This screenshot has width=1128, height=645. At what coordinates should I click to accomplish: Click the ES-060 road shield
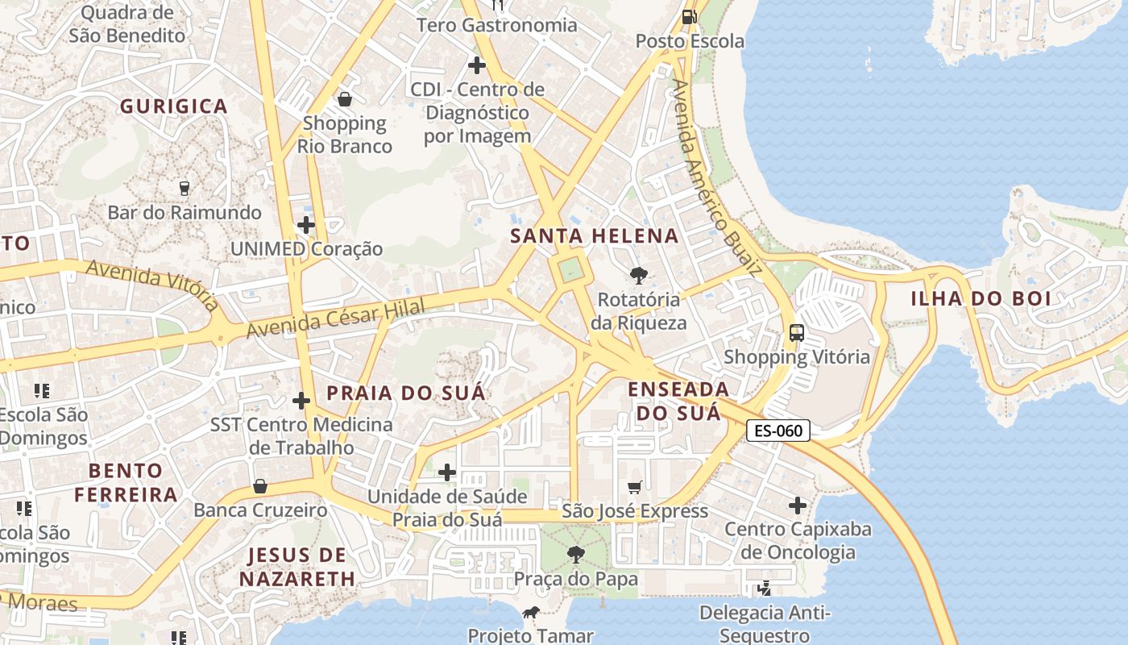(778, 431)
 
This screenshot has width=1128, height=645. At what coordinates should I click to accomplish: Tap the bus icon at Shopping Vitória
(797, 332)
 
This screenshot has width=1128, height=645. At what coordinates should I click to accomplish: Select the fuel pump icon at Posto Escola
(690, 16)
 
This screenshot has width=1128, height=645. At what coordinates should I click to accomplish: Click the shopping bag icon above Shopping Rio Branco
(345, 99)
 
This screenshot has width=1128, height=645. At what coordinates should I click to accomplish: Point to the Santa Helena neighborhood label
(595, 236)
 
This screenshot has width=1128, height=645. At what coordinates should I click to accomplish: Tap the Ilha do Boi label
(981, 298)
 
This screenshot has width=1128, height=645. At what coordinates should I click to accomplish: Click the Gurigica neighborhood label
(174, 106)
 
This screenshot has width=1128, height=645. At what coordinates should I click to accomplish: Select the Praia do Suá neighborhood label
(406, 393)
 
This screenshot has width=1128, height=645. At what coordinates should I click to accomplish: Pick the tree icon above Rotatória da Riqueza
(638, 276)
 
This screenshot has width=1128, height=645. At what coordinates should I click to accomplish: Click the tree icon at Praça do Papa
(575, 554)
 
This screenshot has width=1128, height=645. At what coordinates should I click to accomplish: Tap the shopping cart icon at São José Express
(635, 486)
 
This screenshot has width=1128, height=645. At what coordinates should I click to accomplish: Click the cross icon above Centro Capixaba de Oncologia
(798, 506)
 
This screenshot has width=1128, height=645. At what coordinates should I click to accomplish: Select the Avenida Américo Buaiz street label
(716, 177)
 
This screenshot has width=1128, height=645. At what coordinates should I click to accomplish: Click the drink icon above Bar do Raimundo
(185, 189)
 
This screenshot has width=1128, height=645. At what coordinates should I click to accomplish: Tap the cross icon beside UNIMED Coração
(306, 225)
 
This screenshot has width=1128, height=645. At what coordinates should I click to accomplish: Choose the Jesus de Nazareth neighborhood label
(297, 567)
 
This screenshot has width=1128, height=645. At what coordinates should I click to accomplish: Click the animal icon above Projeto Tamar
(530, 613)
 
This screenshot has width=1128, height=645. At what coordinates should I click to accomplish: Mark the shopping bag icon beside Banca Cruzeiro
(259, 486)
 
